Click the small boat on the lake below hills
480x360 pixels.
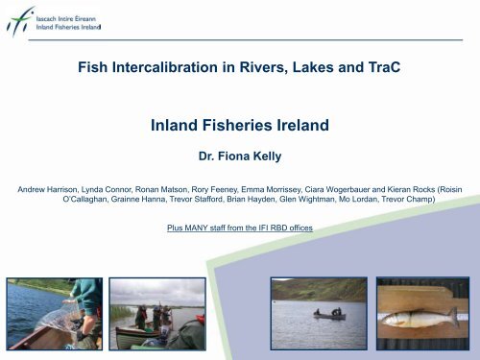[x=326, y=313]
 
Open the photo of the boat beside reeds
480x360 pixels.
[x=156, y=314]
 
